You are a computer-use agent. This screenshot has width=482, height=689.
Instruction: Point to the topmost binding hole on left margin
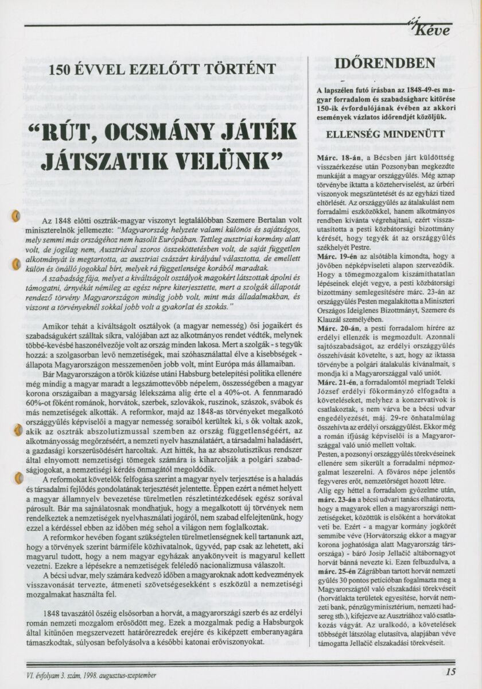(16, 216)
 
